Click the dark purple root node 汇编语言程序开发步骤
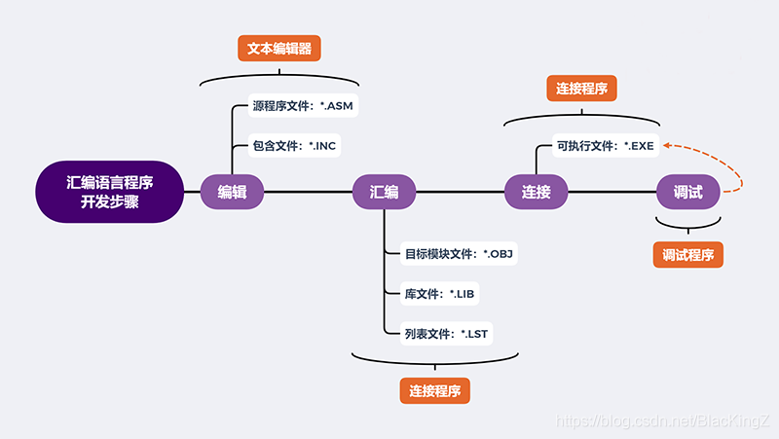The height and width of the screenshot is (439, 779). (x=110, y=191)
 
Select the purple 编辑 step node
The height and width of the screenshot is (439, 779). (x=233, y=192)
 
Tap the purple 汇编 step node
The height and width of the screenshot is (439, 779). (x=384, y=192)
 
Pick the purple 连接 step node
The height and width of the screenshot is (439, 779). (x=536, y=192)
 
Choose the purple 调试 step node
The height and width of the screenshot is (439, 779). (x=687, y=192)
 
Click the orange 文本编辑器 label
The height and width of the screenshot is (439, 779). (x=280, y=49)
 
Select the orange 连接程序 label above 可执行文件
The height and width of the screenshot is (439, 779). (x=582, y=89)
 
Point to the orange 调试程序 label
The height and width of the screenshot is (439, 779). (x=688, y=254)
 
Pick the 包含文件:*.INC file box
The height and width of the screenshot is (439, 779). (x=295, y=146)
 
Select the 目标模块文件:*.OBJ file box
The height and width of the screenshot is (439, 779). (x=458, y=255)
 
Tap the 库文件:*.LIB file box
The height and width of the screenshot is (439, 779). (x=439, y=294)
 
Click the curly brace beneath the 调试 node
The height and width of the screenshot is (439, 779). (x=688, y=225)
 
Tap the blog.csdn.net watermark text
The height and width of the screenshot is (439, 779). (x=661, y=421)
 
